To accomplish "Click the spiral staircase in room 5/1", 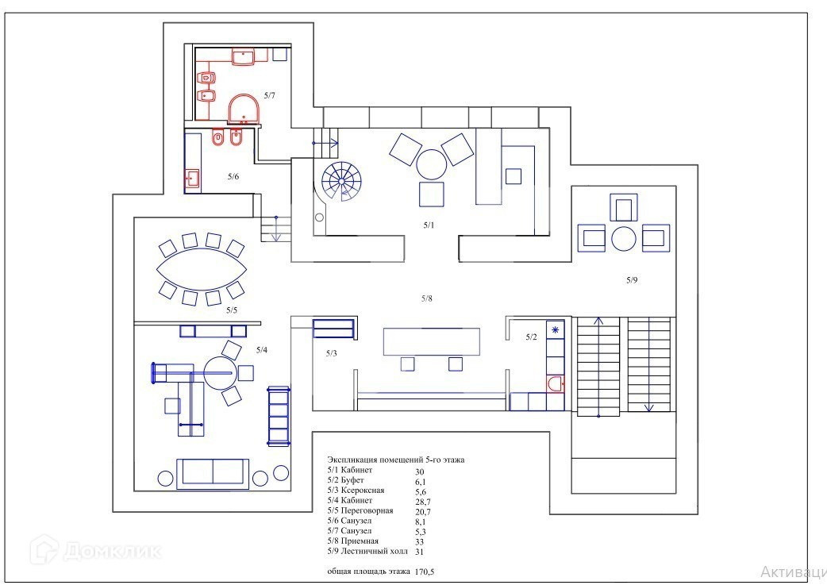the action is click(341, 181).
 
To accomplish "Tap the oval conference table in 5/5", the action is click(202, 269).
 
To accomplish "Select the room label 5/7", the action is click(270, 95).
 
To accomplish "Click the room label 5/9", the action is click(632, 280).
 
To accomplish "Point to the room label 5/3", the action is click(331, 353).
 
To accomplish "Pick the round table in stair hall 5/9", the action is click(623, 238).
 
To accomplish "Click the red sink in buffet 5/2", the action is click(555, 383).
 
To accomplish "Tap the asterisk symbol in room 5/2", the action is click(555, 330).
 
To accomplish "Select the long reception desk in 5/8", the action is click(432, 342).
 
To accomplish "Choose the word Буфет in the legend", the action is click(352, 480).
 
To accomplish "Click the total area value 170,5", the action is click(425, 572).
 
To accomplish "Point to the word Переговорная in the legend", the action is click(367, 510).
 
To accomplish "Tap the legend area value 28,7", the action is click(422, 502).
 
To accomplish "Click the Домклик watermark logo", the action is click(96, 550).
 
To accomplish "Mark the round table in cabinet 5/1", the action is click(432, 165).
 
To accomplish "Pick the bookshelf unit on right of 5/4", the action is click(279, 416).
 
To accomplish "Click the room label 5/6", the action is click(233, 176).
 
